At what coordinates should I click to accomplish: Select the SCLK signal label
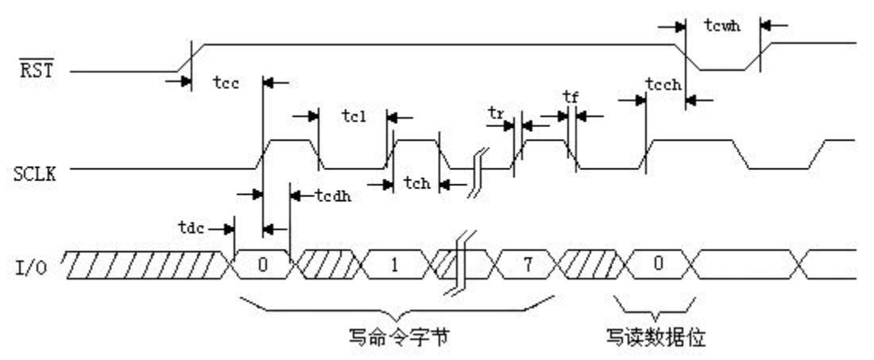pyautogui.click(x=34, y=174)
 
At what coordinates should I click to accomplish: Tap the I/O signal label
pyautogui.click(x=31, y=268)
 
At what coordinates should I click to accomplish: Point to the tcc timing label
pyautogui.click(x=226, y=83)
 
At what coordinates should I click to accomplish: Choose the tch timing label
pyautogui.click(x=417, y=184)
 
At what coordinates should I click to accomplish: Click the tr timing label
pyautogui.click(x=496, y=113)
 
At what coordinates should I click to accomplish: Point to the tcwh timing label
pyautogui.click(x=722, y=25)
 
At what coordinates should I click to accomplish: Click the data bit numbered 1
pyautogui.click(x=395, y=264)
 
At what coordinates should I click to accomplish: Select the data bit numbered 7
pyautogui.click(x=528, y=264)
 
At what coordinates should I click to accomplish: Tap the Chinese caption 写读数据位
pyautogui.click(x=655, y=338)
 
